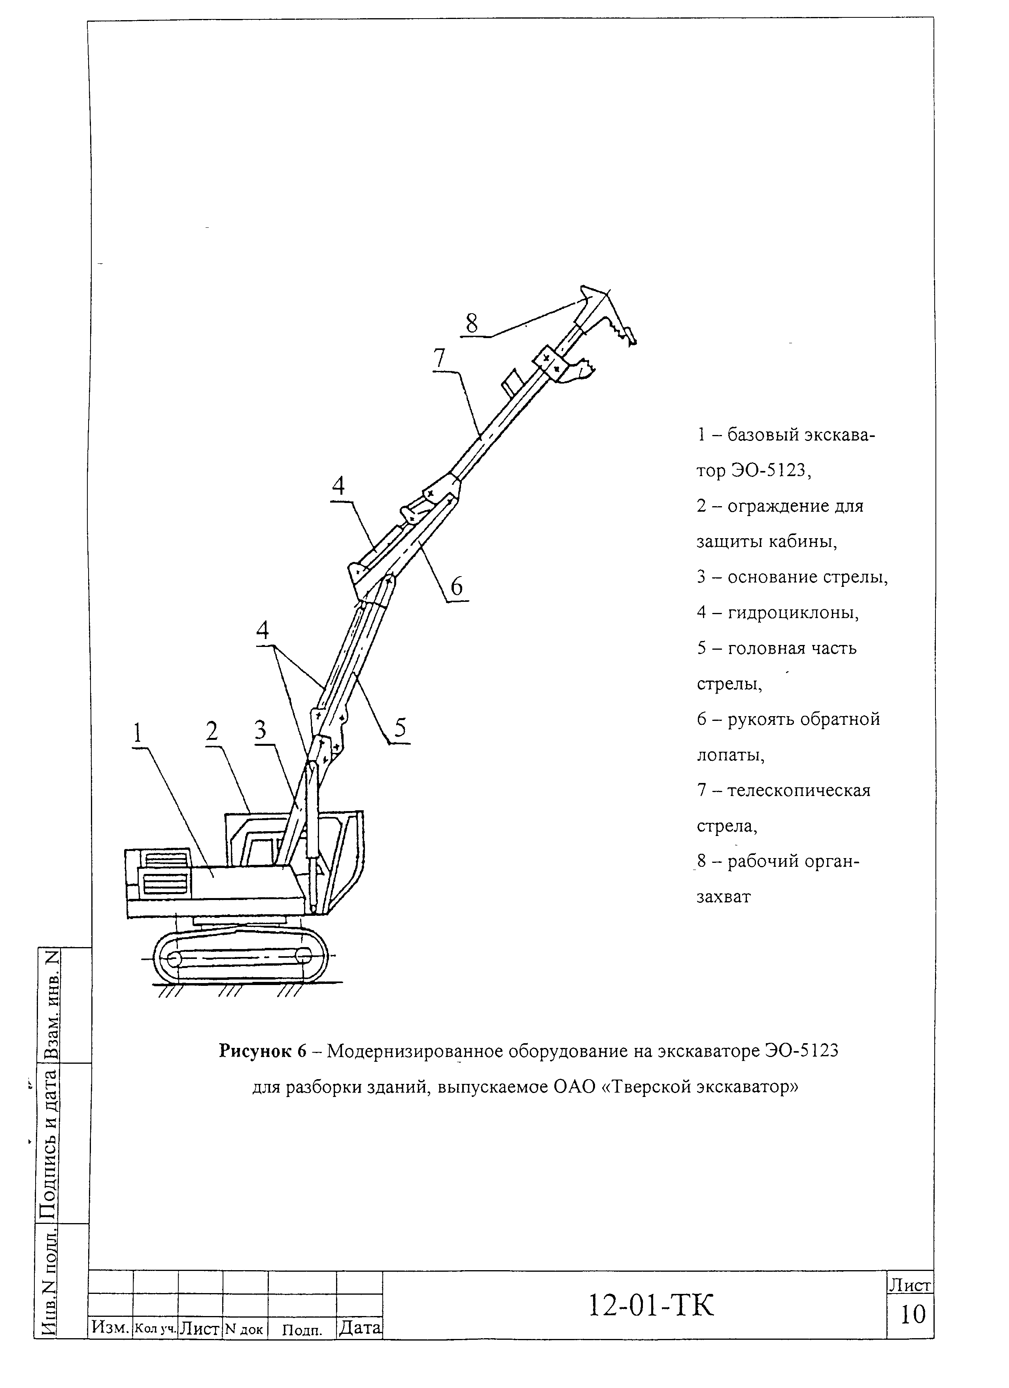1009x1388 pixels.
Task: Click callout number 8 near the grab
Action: coord(471,323)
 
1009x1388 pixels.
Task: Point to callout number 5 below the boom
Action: coord(400,728)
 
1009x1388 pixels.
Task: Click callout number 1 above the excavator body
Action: coord(138,732)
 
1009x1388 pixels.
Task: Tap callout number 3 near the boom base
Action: coord(261,730)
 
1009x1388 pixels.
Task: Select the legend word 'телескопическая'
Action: coord(799,790)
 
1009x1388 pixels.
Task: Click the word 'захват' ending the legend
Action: coord(723,896)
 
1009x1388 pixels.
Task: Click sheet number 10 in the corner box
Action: coord(913,1314)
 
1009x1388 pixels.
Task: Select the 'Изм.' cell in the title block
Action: coord(111,1327)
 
